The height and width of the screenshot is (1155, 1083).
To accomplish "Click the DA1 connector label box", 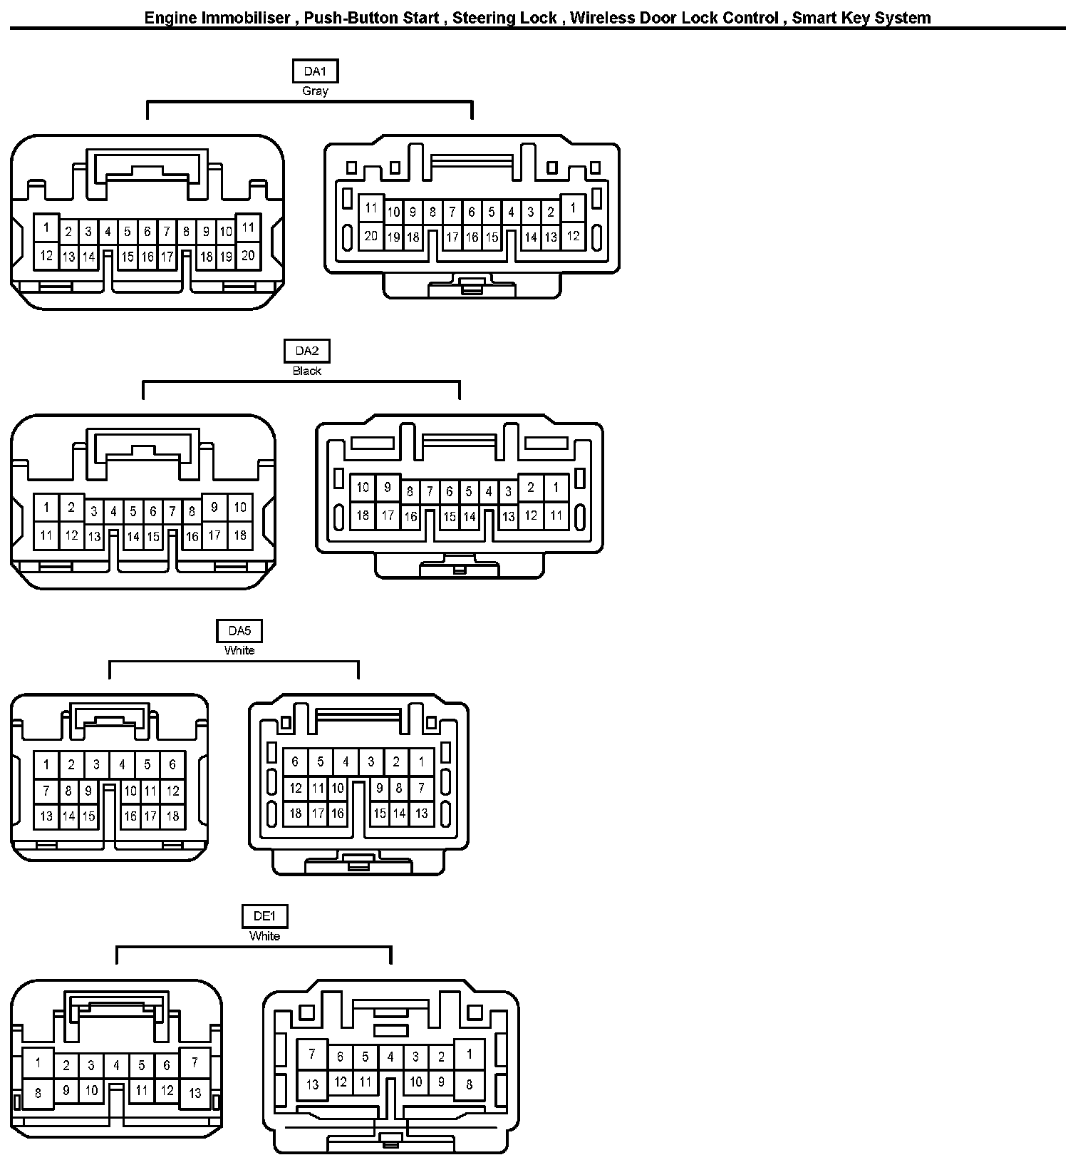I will (315, 71).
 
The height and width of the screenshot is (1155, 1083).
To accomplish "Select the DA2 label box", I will (307, 351).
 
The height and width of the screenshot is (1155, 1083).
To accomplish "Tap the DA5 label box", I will (239, 631).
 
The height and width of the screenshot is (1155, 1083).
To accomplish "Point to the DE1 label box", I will (264, 917).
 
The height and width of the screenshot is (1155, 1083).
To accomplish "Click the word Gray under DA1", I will (315, 91).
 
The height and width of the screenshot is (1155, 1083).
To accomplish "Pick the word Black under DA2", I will (307, 371).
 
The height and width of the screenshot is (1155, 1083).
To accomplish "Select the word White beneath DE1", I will (264, 936).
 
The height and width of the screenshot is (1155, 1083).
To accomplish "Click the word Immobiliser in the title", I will (244, 18).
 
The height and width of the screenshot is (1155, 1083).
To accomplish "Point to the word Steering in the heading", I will (482, 18).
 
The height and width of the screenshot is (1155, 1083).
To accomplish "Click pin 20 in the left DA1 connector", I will (248, 255).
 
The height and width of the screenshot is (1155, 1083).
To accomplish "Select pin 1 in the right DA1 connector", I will (573, 208).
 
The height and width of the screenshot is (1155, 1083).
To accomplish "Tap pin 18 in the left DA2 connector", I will (240, 535).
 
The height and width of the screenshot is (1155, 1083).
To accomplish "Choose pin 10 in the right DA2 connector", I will (363, 488).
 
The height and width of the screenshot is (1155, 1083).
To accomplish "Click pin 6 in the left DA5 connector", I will (172, 765).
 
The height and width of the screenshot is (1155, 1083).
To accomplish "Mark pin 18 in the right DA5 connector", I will (295, 813).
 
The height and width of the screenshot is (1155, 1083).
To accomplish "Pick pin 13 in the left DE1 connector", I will (195, 1093).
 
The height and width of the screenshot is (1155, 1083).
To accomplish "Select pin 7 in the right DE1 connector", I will (312, 1054).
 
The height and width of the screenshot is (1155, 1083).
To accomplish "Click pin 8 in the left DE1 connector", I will (38, 1093).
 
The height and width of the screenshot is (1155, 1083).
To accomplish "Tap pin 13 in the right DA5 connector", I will (422, 813).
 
